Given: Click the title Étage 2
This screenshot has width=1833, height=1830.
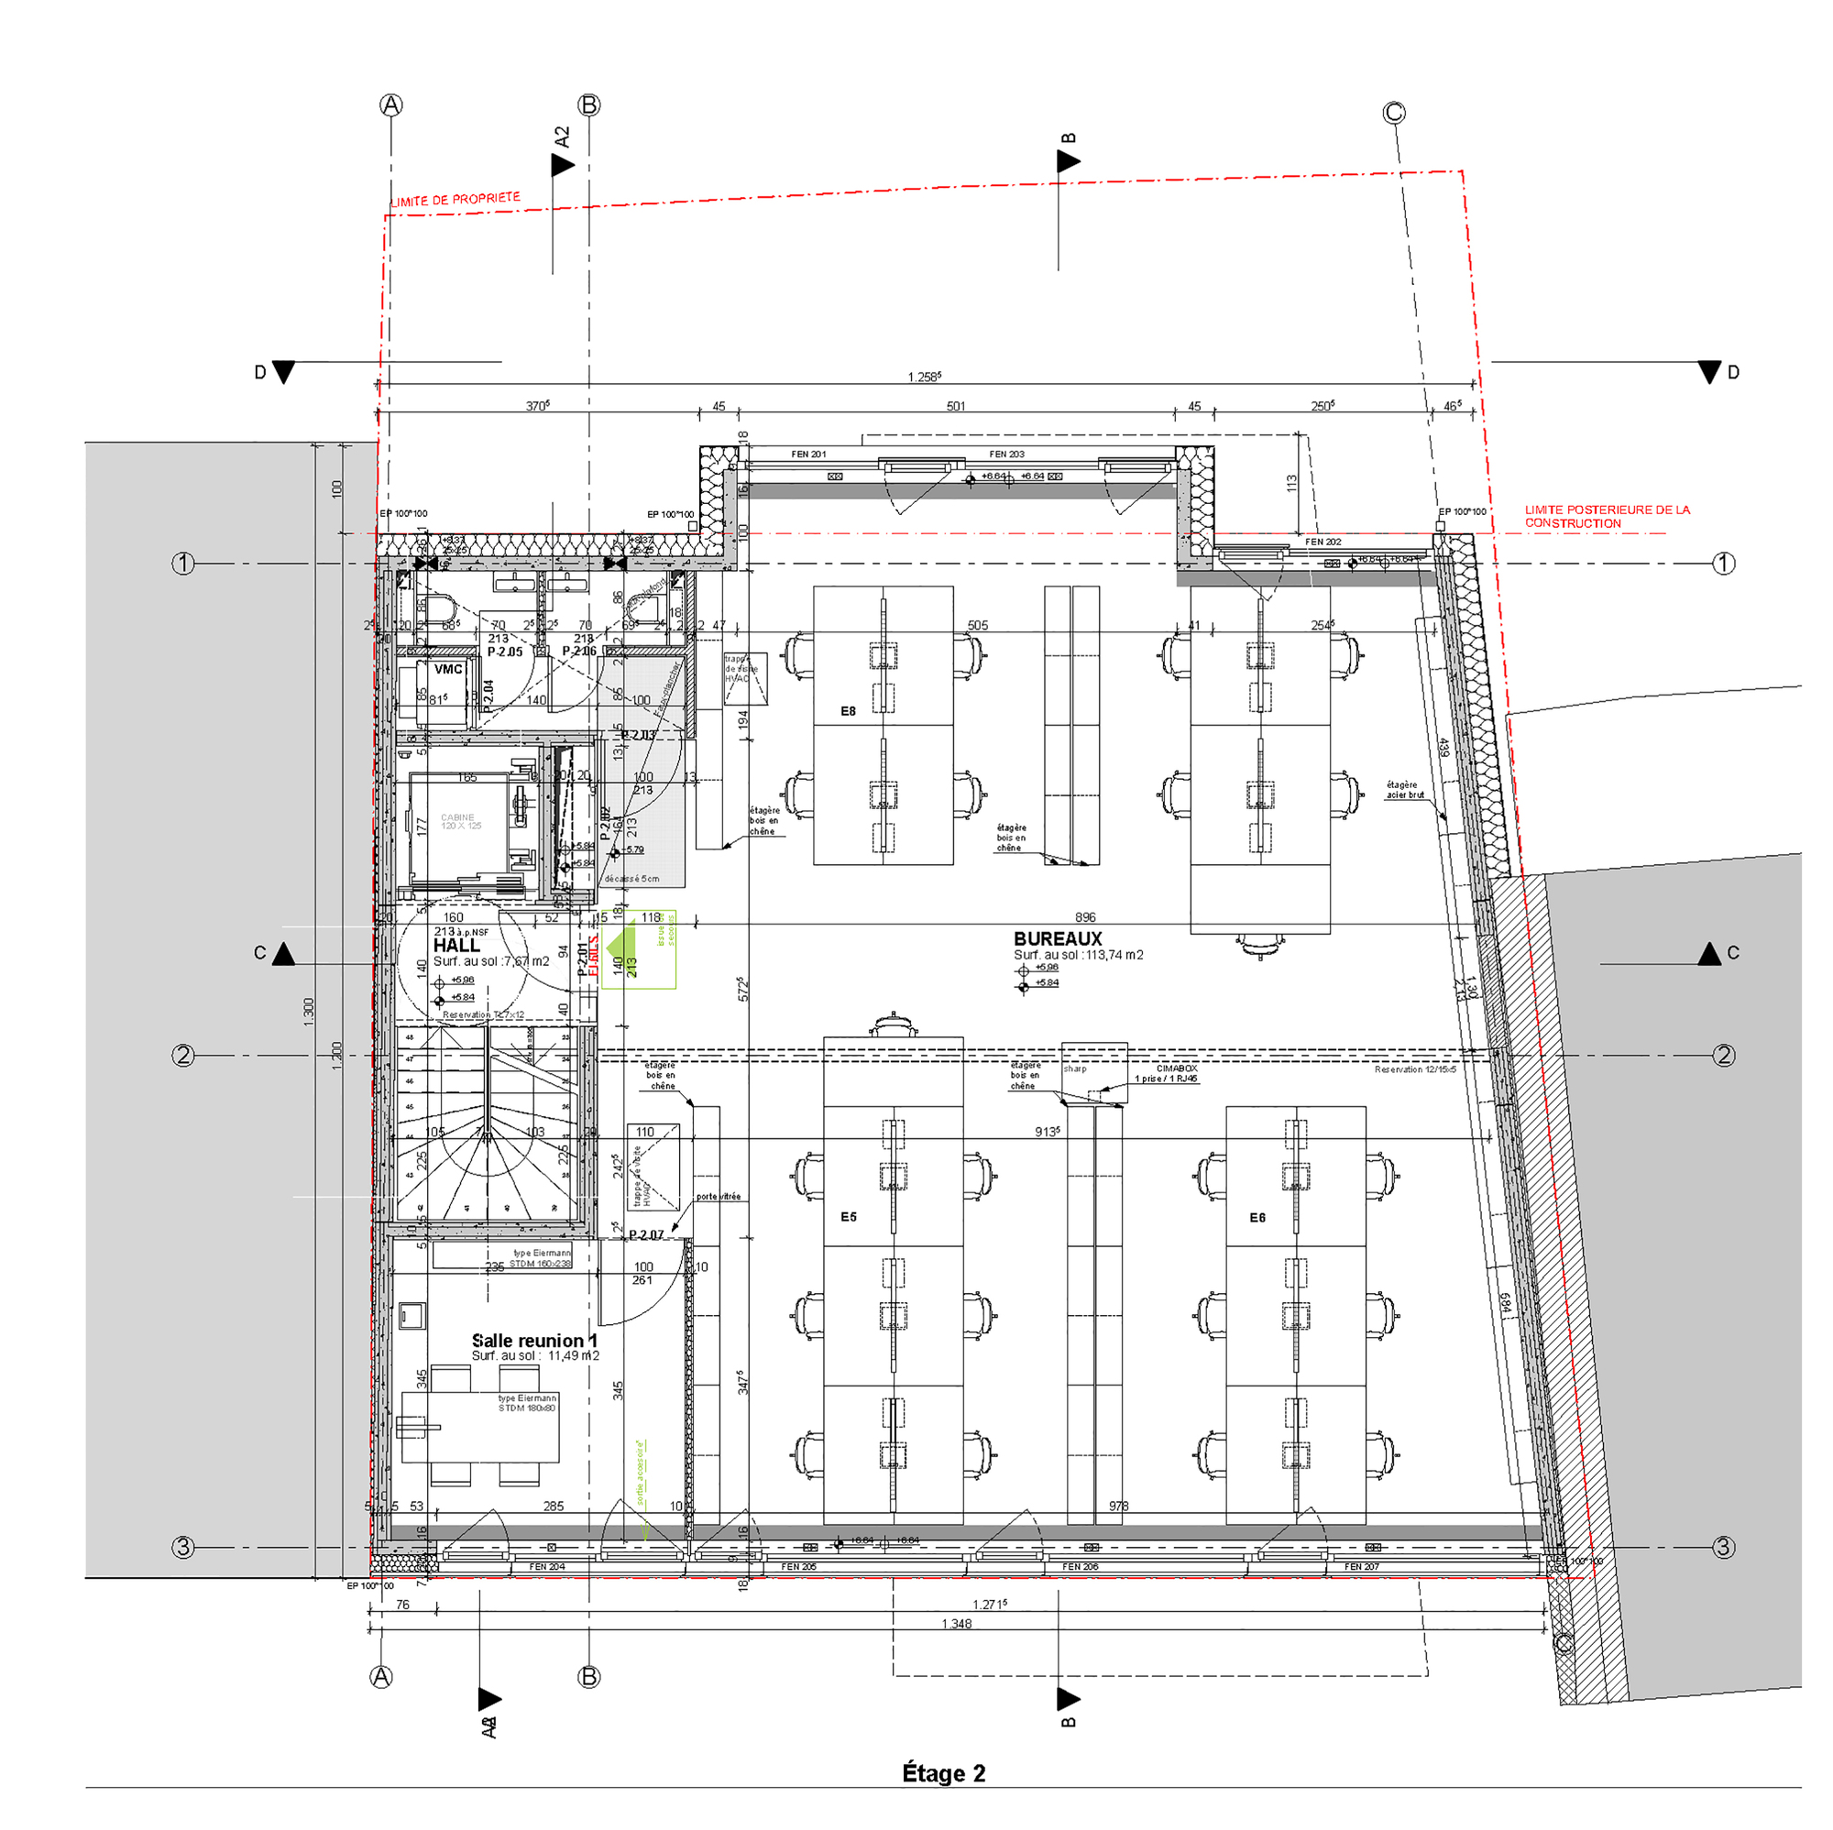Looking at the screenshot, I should tap(942, 1772).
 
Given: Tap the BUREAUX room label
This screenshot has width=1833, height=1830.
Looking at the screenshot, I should tap(1057, 938).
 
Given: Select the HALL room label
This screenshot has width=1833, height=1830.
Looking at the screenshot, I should tap(456, 946).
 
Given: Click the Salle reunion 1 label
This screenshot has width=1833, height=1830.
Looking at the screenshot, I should tap(534, 1340).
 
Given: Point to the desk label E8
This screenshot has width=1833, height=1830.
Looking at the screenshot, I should tap(847, 710).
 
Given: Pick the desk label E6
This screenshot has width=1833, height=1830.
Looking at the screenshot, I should tap(1257, 1217).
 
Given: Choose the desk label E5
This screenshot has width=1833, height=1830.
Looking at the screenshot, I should tap(847, 1216).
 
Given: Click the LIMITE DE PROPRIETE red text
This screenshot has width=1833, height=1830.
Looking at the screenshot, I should tap(456, 199).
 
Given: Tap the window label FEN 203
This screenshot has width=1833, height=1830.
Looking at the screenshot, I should tap(1005, 455).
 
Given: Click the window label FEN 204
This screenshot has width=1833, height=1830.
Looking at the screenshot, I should tap(546, 1566).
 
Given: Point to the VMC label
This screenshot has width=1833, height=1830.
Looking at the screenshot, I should tap(448, 669).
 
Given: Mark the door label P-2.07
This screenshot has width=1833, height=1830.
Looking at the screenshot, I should tap(645, 1234).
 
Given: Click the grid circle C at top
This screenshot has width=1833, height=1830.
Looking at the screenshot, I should tap(1392, 113).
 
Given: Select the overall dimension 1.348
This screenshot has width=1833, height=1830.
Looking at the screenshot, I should tap(956, 1623).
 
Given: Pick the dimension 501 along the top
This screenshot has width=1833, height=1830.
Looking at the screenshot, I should tap(954, 406).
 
